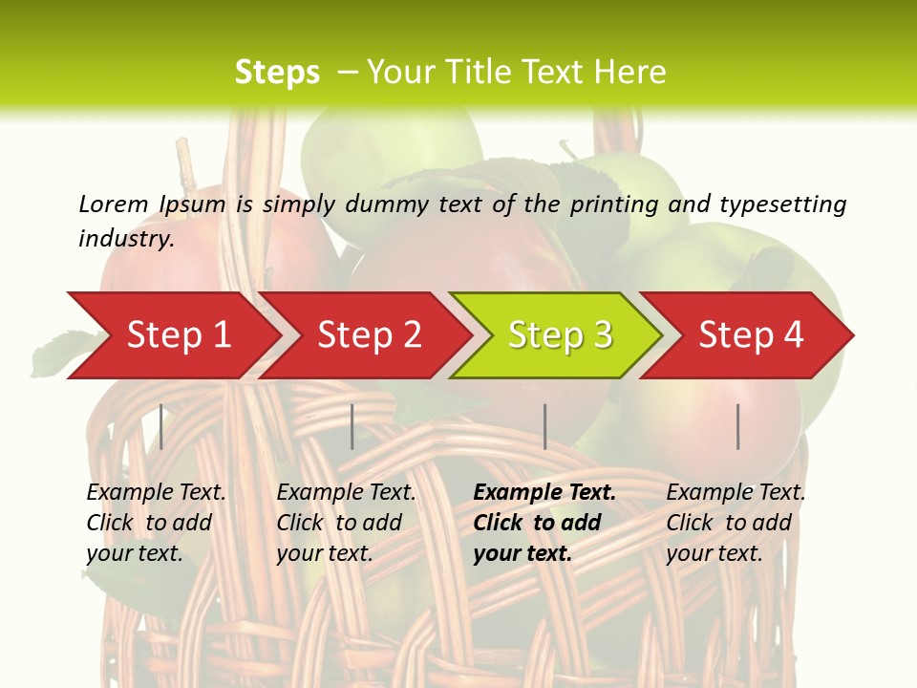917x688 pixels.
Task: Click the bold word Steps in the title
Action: (x=277, y=73)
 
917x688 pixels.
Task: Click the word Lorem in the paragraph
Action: (x=113, y=204)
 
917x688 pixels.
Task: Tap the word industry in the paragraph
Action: (x=125, y=238)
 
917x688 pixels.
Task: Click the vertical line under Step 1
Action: (x=161, y=426)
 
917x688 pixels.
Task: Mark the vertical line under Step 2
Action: (x=352, y=426)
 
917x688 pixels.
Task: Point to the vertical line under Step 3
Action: (x=544, y=426)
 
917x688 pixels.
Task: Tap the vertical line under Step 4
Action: (x=737, y=426)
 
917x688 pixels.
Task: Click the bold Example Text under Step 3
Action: (x=544, y=492)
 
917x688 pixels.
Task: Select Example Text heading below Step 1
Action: (x=156, y=492)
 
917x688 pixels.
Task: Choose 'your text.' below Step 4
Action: (x=714, y=553)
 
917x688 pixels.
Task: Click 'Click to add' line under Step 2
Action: (x=339, y=523)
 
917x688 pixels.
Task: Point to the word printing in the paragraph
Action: (x=606, y=204)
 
